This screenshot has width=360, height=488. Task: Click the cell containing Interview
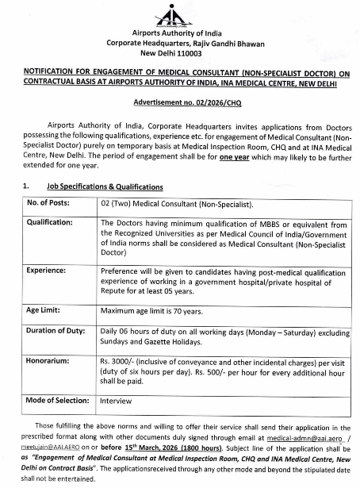tap(116, 401)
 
